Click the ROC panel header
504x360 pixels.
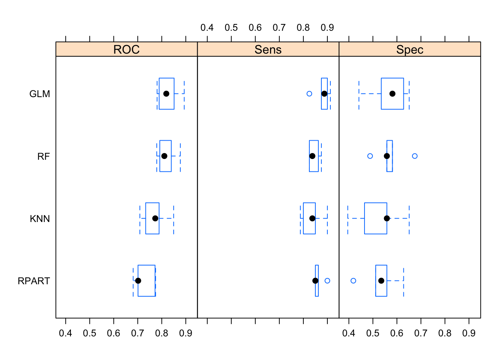tap(126, 49)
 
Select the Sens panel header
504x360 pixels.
tap(268, 49)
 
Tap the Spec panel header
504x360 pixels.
tap(409, 49)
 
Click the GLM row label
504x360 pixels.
tap(39, 94)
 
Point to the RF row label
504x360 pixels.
tap(43, 156)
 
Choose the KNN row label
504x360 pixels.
tap(40, 219)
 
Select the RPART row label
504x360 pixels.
tap(34, 281)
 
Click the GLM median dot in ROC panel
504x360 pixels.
tap(166, 94)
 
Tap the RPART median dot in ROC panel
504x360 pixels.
tap(138, 281)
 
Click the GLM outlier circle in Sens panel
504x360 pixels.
tap(309, 94)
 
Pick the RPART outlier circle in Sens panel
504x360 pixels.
tap(327, 281)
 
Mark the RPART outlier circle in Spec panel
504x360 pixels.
tap(353, 281)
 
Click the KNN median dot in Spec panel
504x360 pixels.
tap(387, 219)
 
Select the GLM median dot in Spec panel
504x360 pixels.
tap(392, 94)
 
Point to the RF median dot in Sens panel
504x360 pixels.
tap(312, 156)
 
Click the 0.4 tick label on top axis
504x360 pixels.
tap(207, 28)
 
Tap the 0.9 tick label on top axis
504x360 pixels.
tap(327, 28)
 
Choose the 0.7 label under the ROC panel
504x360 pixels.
tap(138, 333)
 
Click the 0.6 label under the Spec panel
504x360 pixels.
tap(397, 333)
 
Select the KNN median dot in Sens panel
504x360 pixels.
tap(312, 219)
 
